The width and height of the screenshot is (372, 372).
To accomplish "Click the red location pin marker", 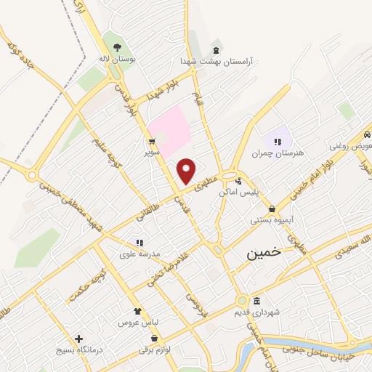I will (187, 170).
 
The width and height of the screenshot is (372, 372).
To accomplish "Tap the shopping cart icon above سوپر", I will (150, 142).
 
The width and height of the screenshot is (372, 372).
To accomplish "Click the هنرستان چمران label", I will (277, 153).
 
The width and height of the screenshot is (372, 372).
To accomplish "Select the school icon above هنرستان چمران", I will (277, 142).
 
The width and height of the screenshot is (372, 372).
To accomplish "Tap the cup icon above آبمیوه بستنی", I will (271, 209).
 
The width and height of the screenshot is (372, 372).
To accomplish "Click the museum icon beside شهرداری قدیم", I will (256, 301).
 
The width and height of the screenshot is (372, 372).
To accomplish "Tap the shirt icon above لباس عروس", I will (137, 311).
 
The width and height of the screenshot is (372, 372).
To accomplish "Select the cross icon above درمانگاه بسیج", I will (79, 339).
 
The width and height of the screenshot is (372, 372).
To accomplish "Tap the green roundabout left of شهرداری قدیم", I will (241, 301).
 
